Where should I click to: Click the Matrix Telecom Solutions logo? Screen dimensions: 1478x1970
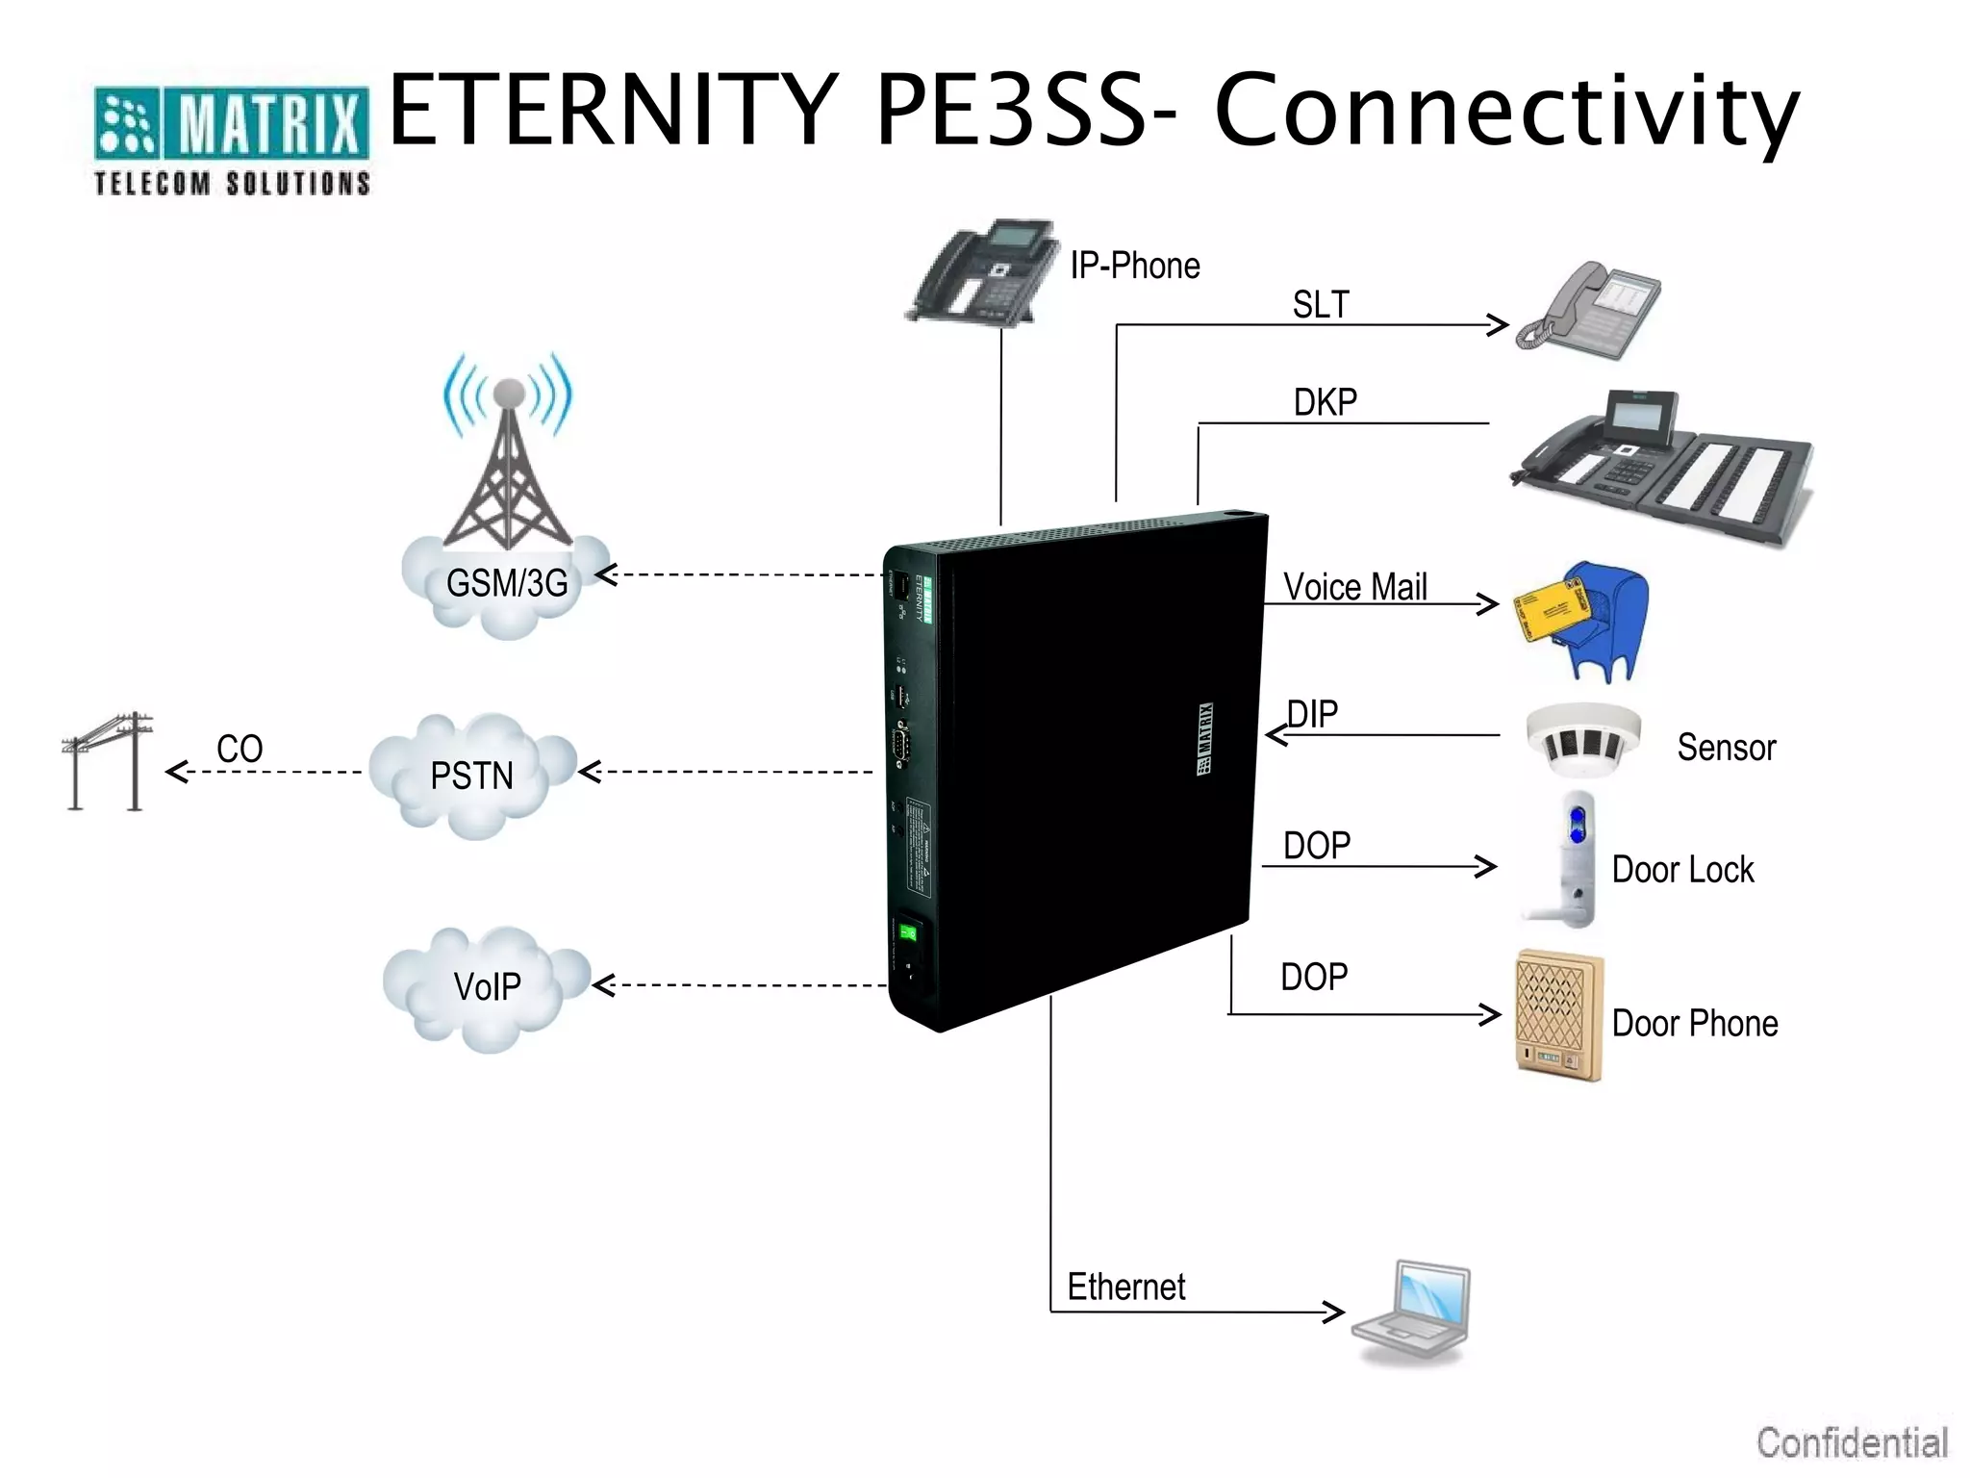pos(231,140)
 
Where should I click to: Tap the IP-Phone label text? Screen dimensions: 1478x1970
pos(1134,266)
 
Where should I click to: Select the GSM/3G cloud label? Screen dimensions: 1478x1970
pos(507,583)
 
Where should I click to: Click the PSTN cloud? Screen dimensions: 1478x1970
pos(471,776)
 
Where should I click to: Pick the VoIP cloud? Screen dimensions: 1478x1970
pos(487,987)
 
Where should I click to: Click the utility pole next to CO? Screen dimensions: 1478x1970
pos(109,761)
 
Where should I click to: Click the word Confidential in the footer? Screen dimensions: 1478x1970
pos(1852,1443)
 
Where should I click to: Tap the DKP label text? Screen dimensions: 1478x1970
pos(1325,402)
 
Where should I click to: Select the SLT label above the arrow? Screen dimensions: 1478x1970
pos(1320,305)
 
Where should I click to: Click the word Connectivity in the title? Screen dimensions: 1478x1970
pos(1505,111)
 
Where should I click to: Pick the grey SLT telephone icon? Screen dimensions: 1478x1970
pos(1588,310)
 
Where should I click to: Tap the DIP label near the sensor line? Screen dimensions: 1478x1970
pos(1313,714)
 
